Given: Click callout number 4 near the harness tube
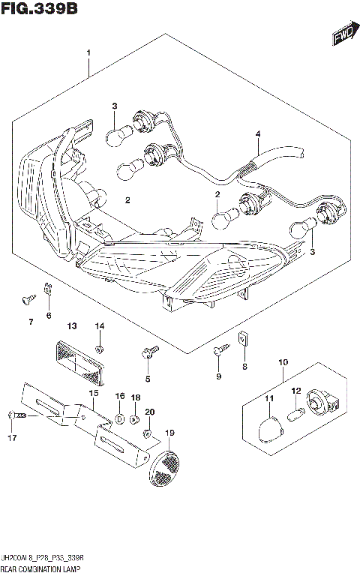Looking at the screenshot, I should pos(257,135).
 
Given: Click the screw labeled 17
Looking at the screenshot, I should pos(18,414).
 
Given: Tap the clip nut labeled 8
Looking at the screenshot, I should pos(242,337).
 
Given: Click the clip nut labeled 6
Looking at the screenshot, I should pos(49,286).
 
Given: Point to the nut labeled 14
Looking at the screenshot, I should pos(100,349).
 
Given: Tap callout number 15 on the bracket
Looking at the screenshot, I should pos(94,393).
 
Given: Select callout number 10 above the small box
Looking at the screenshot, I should pos(283,363).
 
